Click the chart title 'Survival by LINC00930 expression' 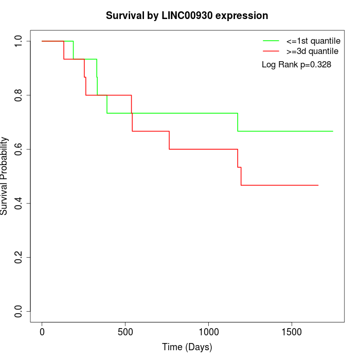pos(187,16)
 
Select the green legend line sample pos(271,40)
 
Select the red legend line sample pos(271,51)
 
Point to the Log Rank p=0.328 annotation pos(296,65)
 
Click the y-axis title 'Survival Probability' pos(5,176)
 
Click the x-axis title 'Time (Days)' pos(187,347)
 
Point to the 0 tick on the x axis pos(42,332)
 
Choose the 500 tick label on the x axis pos(125,332)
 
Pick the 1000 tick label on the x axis pos(209,332)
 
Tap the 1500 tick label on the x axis pos(292,332)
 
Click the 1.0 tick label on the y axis pos(19,41)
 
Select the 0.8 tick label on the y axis pos(19,95)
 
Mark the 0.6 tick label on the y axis pos(19,149)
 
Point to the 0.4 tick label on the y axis pos(19,203)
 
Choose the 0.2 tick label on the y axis pos(19,257)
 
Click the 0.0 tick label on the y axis pos(19,311)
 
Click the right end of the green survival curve pos(333,131)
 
